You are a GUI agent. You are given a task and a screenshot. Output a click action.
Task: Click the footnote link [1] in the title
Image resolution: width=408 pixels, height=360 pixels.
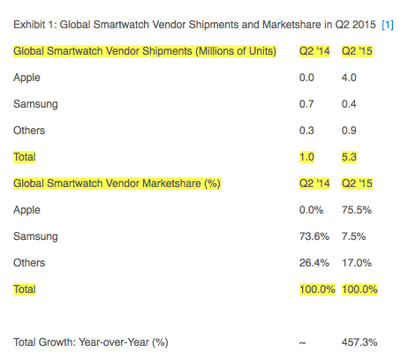click(388, 25)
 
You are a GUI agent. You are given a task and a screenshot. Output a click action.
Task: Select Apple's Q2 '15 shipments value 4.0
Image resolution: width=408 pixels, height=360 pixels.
click(349, 78)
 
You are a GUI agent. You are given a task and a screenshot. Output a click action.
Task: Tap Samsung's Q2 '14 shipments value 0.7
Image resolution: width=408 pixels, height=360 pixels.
click(306, 104)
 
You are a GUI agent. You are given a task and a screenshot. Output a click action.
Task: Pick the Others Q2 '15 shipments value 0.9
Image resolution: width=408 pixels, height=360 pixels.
click(349, 131)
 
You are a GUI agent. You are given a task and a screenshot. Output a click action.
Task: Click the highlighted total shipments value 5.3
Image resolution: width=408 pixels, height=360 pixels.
click(349, 157)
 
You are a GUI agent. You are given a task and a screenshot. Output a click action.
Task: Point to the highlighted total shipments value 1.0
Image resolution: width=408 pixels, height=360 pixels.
click(306, 157)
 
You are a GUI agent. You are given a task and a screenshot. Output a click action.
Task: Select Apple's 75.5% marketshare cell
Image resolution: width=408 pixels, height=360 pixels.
click(357, 210)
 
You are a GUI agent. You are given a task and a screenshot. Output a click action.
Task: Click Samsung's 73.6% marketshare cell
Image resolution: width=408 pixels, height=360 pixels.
click(314, 236)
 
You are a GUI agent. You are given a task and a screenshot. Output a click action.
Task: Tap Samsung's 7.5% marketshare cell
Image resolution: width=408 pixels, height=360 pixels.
click(353, 236)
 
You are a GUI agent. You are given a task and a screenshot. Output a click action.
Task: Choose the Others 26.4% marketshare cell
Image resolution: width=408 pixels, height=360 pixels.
click(314, 263)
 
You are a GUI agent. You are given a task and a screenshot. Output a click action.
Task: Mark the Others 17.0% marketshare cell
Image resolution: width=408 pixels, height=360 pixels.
click(357, 263)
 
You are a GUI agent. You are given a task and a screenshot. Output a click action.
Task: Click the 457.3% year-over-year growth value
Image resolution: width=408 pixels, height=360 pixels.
click(359, 342)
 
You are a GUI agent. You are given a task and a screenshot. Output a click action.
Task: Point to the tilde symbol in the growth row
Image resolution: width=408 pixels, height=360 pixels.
click(302, 343)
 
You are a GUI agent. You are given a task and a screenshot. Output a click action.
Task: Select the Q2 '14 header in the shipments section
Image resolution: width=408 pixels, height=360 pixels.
click(314, 51)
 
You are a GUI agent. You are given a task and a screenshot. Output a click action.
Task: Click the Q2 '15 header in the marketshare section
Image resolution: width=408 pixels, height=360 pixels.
click(357, 184)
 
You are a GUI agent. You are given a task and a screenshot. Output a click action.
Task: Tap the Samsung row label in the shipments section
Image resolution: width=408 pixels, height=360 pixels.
click(35, 105)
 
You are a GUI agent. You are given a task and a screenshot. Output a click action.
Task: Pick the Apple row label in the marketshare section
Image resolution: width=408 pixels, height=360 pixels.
click(26, 211)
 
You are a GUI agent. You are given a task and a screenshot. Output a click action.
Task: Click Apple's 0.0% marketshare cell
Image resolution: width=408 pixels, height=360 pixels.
click(311, 210)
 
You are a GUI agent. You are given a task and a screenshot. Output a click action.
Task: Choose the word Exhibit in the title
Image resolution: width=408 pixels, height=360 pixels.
click(29, 25)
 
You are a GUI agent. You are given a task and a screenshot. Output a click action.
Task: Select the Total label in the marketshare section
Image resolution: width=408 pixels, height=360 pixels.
click(25, 289)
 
